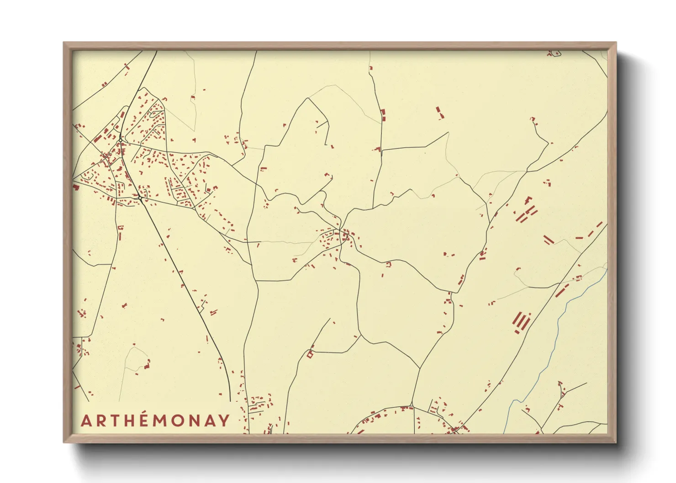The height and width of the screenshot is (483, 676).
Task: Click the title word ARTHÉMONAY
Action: tap(155, 420)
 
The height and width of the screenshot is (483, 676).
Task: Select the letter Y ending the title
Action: tap(223, 420)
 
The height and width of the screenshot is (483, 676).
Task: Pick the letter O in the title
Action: tap(175, 420)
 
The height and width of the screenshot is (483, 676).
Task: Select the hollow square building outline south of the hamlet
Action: tap(310, 354)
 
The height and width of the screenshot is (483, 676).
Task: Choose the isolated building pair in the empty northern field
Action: tap(439, 112)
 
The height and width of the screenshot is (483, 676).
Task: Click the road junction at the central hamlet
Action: tap(341, 229)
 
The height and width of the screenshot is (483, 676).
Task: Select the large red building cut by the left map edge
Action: tap(75, 187)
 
